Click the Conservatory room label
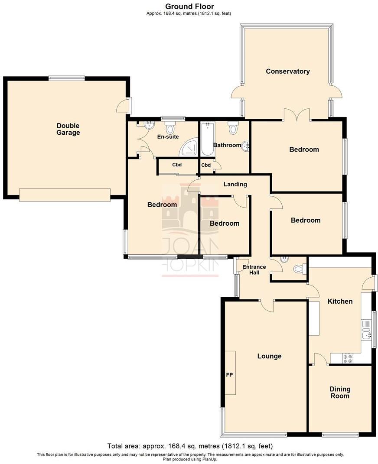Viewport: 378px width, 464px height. point(287,71)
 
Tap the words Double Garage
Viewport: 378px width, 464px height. point(68,129)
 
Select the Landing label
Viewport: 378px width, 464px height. point(235,184)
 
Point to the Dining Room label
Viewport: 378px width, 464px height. point(340,393)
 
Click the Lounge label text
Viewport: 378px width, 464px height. point(269,356)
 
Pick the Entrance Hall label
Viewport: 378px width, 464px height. point(254,270)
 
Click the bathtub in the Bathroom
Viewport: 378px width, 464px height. point(207,140)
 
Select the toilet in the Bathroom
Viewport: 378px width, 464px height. point(234,128)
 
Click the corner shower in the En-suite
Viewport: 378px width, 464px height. point(190,148)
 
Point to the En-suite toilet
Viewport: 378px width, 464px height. point(170,128)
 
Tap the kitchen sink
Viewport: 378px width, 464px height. point(365,334)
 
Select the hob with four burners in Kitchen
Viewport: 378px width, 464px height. point(348,358)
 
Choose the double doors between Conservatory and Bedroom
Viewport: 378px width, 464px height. point(297,115)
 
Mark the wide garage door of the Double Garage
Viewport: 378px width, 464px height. point(65,195)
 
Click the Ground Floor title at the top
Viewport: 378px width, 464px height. point(189,6)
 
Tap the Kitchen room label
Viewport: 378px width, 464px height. point(340,301)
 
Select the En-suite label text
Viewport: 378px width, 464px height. point(168,137)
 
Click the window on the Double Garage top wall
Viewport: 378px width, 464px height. point(66,78)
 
